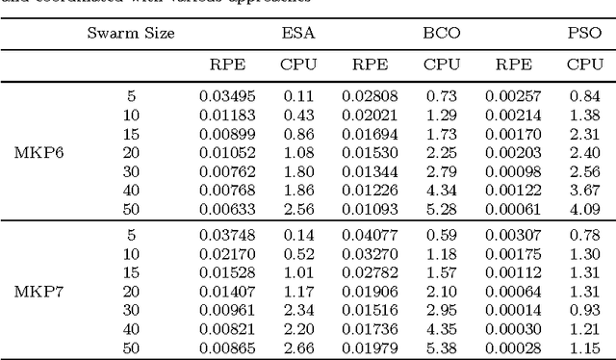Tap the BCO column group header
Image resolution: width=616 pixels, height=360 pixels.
[x=441, y=33]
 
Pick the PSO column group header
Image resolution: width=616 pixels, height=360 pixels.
[x=580, y=33]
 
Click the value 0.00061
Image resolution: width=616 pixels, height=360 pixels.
[x=511, y=211]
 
